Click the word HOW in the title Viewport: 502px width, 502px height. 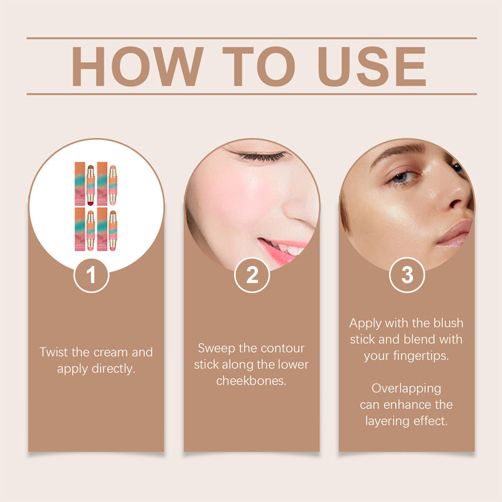tap(137, 66)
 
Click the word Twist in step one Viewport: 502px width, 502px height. tap(53, 352)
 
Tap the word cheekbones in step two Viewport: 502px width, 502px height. tap(251, 381)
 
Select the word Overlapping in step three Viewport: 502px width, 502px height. tap(406, 388)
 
